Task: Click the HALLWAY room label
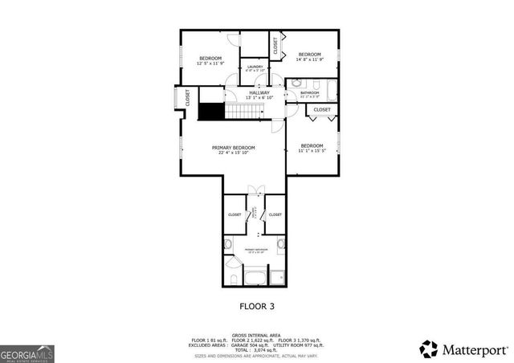259,92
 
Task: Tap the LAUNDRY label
255,67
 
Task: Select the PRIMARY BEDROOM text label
234,148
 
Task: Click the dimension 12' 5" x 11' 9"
210,63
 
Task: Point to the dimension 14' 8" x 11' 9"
309,59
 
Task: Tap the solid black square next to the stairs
210,112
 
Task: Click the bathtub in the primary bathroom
254,278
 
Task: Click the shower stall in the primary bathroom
277,278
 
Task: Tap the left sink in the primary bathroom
228,243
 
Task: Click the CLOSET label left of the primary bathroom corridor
235,214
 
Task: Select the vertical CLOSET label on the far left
188,98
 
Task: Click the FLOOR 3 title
257,306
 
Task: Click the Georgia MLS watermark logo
27,353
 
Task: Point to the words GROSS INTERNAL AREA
256,335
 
